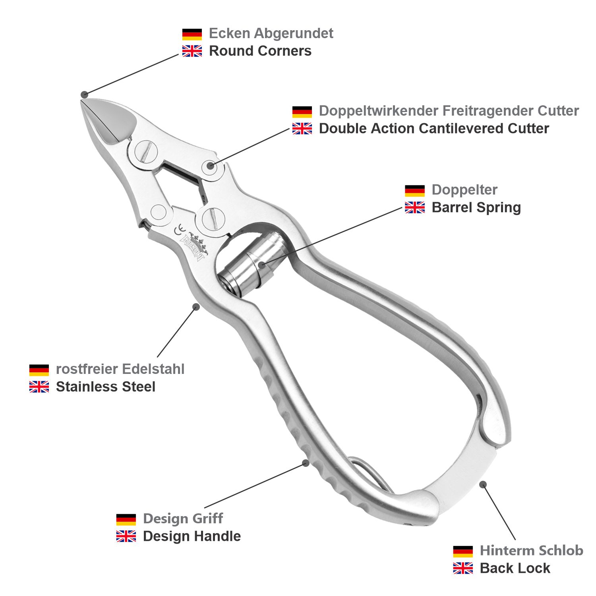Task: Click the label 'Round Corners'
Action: tap(260, 51)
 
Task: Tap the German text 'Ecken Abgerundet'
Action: tap(271, 33)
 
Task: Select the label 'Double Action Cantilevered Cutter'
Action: tap(434, 128)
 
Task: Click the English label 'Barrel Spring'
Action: tap(476, 207)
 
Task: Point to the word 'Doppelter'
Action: tap(464, 190)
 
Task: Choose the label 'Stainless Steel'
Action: tap(105, 387)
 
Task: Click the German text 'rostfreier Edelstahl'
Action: tap(120, 369)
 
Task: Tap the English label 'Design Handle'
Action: tap(192, 536)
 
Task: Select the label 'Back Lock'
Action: tap(515, 568)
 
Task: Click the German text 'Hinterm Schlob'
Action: tap(531, 551)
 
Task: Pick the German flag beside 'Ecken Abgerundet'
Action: tap(192, 34)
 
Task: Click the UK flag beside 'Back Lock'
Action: tap(463, 568)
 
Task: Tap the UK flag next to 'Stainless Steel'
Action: tap(39, 387)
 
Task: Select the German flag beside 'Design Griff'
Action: tap(126, 519)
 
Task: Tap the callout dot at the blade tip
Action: tap(84, 95)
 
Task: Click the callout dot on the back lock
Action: tap(483, 484)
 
